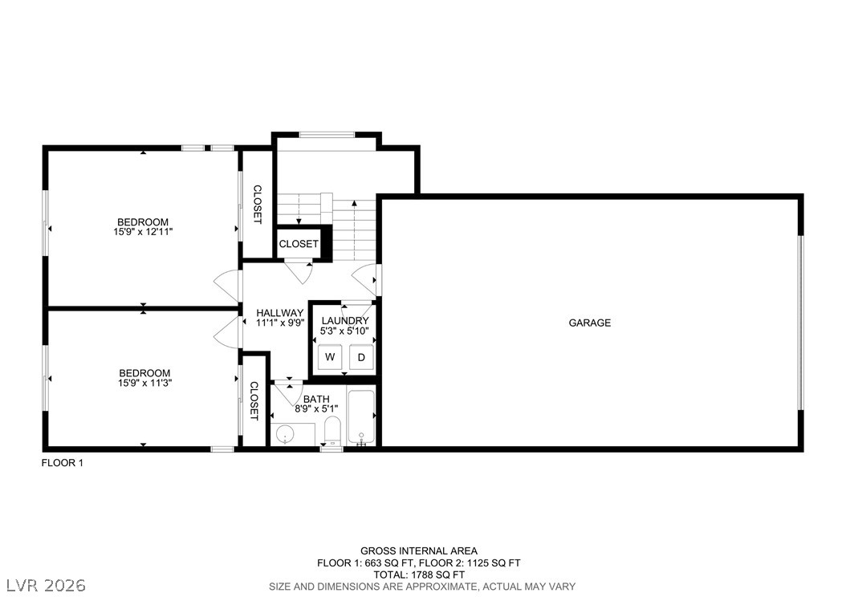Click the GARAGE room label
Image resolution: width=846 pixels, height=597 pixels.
point(590,323)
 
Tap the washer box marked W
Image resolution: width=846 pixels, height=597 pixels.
point(329,357)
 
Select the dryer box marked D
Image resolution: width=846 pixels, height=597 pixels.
point(361,357)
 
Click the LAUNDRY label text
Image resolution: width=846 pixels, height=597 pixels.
point(345,320)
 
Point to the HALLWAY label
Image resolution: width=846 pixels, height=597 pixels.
point(279,313)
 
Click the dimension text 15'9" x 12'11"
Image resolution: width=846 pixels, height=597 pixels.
point(144,232)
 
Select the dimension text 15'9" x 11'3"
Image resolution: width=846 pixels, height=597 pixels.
point(144,383)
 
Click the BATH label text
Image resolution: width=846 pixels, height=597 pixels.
point(315,399)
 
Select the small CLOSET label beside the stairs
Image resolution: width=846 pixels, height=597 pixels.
point(299,244)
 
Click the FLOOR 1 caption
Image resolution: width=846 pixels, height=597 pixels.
point(62,463)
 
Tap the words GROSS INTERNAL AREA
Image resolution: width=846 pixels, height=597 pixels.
point(418,550)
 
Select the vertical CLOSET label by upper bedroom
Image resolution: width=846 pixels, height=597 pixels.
point(257,205)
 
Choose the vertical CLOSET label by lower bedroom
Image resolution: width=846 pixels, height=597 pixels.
point(254,400)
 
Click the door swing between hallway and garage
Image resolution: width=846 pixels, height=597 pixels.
point(367,278)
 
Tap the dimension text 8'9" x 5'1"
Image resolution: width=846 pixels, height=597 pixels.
point(315,408)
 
